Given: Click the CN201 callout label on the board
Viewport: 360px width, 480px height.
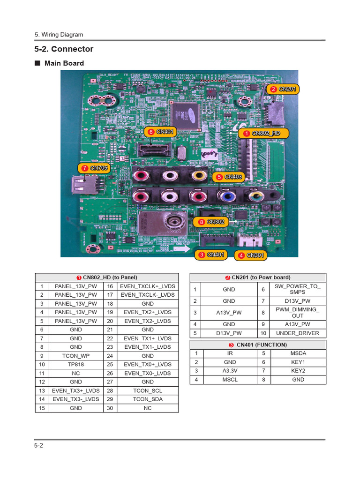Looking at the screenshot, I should (x=284, y=89).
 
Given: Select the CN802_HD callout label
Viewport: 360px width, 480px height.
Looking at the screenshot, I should (x=262, y=134).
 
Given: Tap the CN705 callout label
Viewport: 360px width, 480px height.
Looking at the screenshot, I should (x=95, y=168).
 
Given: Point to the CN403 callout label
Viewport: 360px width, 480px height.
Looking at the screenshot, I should (x=229, y=177).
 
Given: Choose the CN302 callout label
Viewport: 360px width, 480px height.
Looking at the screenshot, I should (x=212, y=221).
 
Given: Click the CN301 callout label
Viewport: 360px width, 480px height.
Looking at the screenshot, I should (x=251, y=255).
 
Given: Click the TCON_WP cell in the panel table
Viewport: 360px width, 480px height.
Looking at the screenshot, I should (x=75, y=356).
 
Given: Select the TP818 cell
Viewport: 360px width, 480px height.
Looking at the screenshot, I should (x=75, y=364).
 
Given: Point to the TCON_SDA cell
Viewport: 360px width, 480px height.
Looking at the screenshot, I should (x=147, y=399).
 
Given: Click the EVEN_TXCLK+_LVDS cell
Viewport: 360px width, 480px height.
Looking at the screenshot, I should (x=147, y=286).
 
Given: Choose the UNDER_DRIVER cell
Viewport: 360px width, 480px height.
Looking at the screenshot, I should (x=297, y=333).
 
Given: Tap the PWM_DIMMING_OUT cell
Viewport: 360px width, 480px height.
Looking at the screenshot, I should (x=297, y=313).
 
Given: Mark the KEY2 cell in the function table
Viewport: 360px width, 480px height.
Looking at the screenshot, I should (x=297, y=371).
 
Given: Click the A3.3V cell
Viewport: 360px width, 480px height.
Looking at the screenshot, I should (x=229, y=371).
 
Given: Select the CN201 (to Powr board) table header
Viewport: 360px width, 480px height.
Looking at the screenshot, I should (x=257, y=277).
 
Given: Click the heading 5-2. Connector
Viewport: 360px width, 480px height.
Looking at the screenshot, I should (x=64, y=49).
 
